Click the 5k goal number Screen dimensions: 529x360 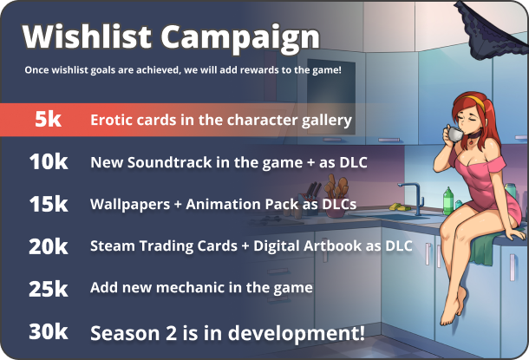[x=48, y=119]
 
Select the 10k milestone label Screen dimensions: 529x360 [x=49, y=161]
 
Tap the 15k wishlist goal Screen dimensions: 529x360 [x=49, y=204]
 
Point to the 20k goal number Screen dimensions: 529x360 [x=49, y=246]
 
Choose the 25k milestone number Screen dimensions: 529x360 [x=49, y=289]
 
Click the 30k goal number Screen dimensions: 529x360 [x=49, y=331]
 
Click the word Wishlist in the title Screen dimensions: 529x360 [x=87, y=36]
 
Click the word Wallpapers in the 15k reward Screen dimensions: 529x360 [x=130, y=205]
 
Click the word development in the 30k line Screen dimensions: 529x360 [x=297, y=334]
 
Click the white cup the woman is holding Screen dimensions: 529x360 [x=454, y=134]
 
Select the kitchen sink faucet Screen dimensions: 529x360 [x=413, y=198]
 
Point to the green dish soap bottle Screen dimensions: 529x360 [x=448, y=200]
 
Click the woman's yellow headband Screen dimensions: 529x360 [x=475, y=101]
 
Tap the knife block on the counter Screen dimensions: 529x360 [x=309, y=203]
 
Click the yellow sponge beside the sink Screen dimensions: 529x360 [x=398, y=206]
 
